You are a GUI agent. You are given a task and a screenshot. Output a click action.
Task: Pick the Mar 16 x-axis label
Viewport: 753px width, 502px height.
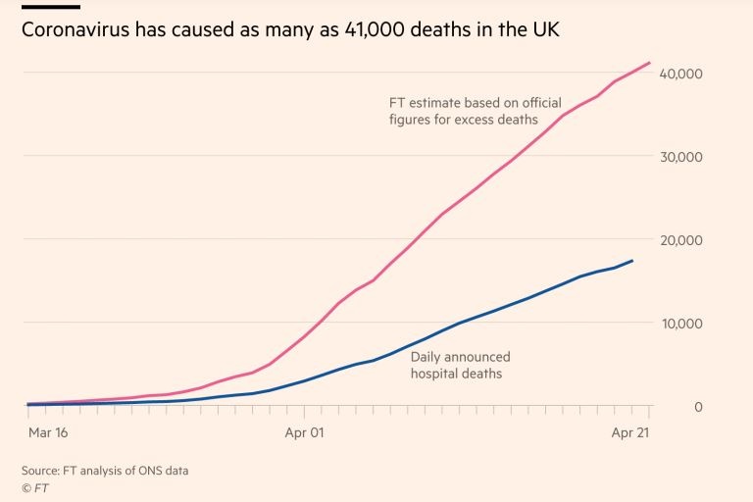coord(48,431)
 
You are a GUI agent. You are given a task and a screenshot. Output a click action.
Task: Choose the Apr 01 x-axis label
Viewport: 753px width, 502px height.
coord(303,431)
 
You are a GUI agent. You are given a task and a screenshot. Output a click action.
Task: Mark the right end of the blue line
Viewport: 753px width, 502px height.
coord(631,261)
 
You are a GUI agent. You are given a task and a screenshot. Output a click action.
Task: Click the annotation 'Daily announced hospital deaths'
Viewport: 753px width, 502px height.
coord(460,365)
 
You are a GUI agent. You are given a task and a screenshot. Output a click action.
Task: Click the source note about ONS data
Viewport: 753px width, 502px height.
coord(105,471)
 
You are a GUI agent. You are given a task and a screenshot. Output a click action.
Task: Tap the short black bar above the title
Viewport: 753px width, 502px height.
coord(50,6)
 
